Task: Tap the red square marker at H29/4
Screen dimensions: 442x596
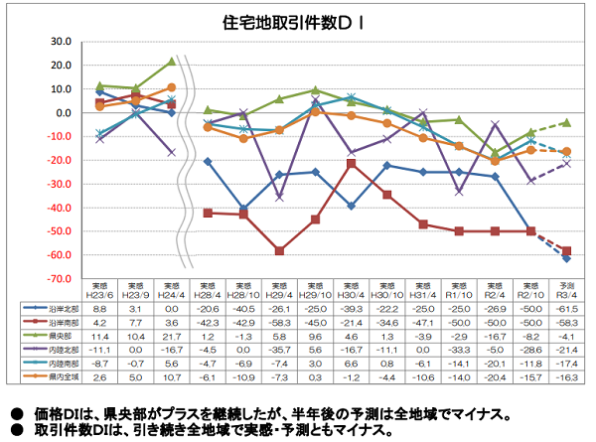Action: [x=279, y=251]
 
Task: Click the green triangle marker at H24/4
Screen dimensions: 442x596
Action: [x=171, y=62]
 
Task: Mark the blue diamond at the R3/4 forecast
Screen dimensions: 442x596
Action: [x=566, y=258]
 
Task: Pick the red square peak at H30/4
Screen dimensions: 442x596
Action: [x=352, y=163]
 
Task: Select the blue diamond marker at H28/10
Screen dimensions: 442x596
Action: [x=243, y=210]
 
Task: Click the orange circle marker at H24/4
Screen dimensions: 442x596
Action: [x=171, y=87]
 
